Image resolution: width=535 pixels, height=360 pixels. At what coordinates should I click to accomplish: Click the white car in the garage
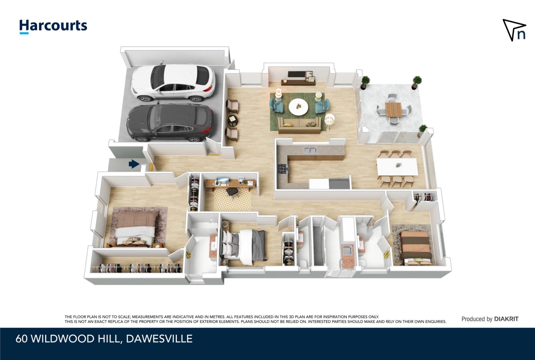pos(173,82)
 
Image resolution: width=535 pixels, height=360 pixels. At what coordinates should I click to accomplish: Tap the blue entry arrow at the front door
pos(134,164)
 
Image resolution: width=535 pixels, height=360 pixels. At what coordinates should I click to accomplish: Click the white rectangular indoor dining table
pos(397,167)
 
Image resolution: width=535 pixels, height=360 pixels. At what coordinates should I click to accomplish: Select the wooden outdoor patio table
pos(393,110)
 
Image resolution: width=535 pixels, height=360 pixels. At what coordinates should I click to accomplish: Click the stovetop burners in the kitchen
pos(282,168)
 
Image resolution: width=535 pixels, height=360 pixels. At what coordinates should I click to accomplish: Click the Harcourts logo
pos(53,27)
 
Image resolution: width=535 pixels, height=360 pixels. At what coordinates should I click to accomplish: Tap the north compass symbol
pos(514,30)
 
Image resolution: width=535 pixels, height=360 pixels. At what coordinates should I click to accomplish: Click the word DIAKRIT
pos(506,319)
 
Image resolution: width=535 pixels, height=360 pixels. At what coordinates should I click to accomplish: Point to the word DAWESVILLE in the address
pos(159,339)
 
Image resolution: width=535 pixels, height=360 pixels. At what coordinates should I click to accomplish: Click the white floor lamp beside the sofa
pos(330,121)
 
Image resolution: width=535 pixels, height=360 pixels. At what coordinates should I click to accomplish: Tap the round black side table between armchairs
pos(233,120)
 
